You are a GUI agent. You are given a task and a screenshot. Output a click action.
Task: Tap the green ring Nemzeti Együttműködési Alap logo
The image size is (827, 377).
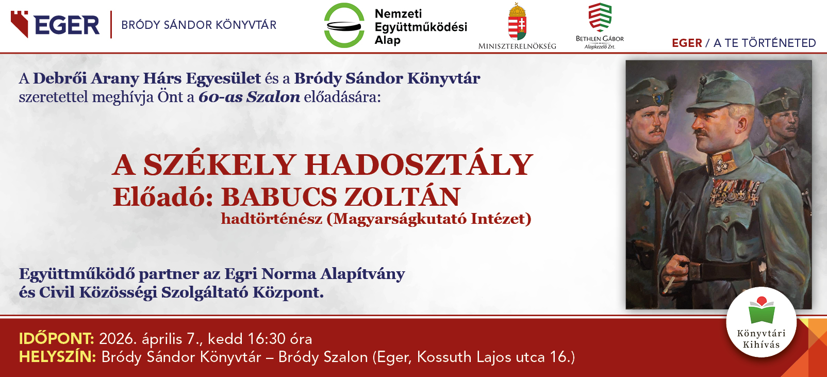click(x=344, y=25)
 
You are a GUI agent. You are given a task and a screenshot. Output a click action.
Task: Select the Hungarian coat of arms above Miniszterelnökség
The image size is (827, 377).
click(x=517, y=22)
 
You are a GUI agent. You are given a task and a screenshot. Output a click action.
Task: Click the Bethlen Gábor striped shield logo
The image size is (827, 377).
click(x=600, y=17)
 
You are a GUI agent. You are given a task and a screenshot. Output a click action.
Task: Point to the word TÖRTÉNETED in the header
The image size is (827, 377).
click(x=779, y=43)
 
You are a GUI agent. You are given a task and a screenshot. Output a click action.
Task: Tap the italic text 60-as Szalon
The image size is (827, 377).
click(x=249, y=97)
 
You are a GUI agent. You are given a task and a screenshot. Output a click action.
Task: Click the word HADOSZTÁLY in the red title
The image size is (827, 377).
click(x=419, y=165)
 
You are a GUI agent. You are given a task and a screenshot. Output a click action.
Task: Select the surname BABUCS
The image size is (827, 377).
click(x=279, y=197)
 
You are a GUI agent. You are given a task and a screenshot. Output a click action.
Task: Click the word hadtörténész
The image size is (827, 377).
click(x=272, y=219)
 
